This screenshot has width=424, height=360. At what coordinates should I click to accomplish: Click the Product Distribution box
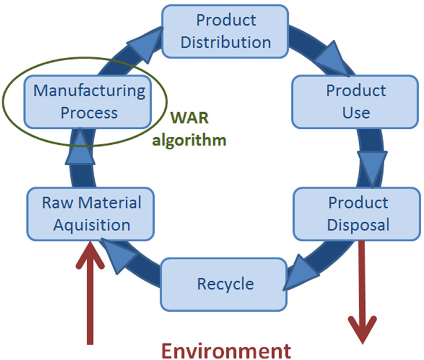point(225,32)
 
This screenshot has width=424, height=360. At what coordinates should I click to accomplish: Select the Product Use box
point(355,102)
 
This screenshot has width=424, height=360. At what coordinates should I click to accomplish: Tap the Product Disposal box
point(357,214)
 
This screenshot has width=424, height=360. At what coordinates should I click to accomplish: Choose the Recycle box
point(224,284)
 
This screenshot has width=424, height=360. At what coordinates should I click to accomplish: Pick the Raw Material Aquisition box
point(91,214)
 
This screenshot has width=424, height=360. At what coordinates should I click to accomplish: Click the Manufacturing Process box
point(88,102)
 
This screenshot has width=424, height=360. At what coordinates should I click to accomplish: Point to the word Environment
point(226,351)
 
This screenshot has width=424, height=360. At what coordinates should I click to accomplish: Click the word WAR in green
point(189,118)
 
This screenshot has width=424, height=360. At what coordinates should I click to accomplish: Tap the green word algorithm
point(189,141)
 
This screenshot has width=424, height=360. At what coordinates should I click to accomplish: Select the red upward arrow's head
point(90,255)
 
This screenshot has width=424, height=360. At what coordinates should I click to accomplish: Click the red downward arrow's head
point(362,330)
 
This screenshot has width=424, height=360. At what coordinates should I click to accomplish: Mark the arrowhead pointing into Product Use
point(333,60)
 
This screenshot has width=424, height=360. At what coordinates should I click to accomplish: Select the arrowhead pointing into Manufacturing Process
point(80,146)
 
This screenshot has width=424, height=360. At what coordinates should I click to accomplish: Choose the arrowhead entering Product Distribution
point(145,44)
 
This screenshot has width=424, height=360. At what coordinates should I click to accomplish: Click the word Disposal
point(358,225)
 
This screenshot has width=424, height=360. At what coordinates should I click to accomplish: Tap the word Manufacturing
point(89,91)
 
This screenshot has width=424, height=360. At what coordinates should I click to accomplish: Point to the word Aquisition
point(92,225)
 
